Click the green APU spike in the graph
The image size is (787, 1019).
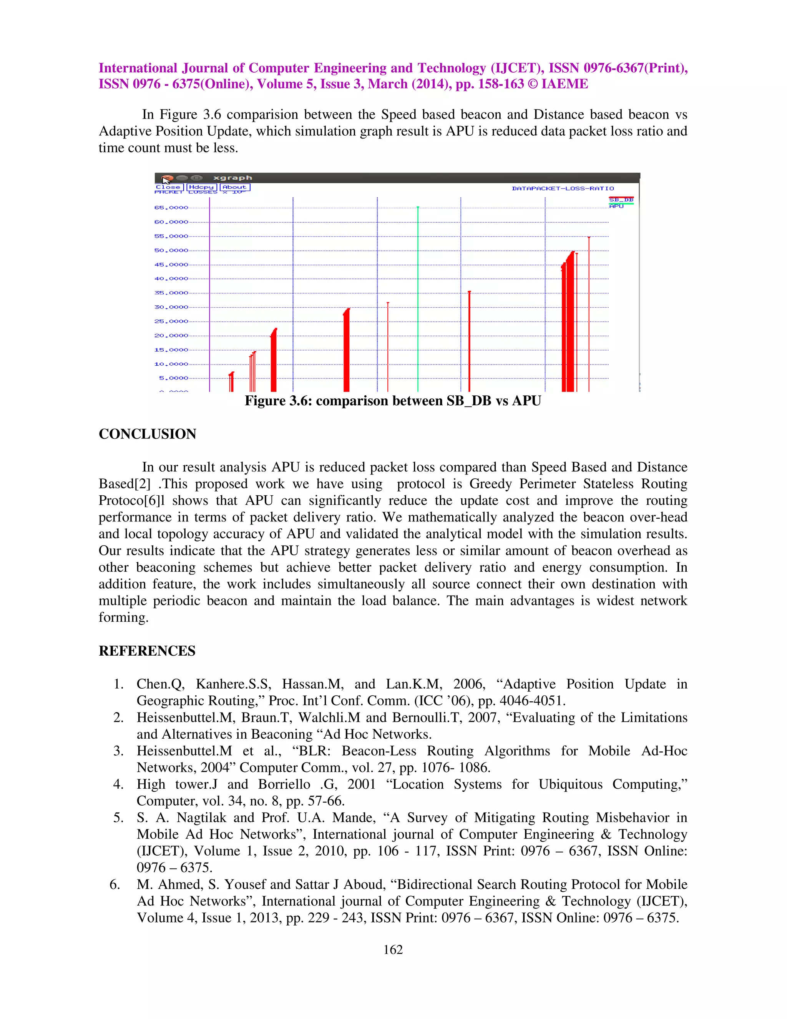418,299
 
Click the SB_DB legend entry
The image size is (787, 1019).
621,200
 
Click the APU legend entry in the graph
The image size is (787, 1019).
616,206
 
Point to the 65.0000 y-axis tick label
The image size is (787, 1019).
171,208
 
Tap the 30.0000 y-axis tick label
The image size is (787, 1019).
171,307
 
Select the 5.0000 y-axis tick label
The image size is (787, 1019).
173,378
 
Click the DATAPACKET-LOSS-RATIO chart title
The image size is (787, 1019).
563,188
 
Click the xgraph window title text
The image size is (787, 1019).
232,178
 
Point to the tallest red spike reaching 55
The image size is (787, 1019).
589,313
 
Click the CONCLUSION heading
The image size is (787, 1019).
147,434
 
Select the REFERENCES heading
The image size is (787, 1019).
147,651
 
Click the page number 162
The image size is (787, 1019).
393,949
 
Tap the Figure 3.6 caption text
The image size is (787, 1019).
393,401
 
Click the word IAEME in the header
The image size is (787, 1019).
565,84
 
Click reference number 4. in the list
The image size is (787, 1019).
118,784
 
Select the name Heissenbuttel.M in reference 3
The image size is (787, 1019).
184,751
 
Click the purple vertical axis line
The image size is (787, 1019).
209,294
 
